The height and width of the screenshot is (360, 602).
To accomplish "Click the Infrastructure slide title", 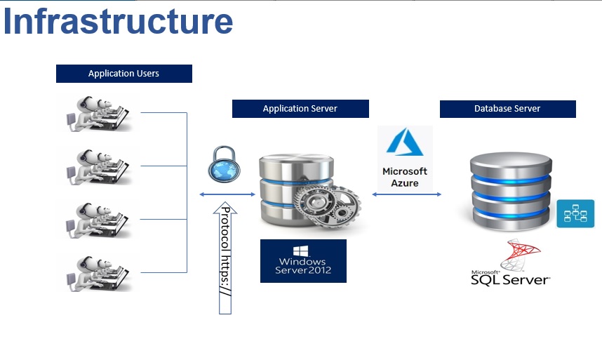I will pyautogui.click(x=118, y=21).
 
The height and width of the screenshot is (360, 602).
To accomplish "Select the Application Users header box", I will pyautogui.click(x=123, y=74).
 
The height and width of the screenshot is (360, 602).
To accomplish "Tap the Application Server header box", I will pyautogui.click(x=300, y=109).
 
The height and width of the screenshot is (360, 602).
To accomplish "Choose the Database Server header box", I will pyautogui.click(x=507, y=109).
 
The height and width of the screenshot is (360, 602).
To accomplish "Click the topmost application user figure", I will pyautogui.click(x=99, y=112).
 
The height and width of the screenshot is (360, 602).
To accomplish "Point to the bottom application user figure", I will pyautogui.click(x=99, y=272).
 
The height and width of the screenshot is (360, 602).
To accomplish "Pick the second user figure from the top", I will pyautogui.click(x=99, y=166).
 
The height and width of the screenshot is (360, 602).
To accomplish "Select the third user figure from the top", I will pyautogui.click(x=99, y=219).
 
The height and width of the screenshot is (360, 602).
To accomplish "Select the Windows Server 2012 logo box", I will pyautogui.click(x=303, y=261).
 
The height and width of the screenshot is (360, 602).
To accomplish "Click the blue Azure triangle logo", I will pyautogui.click(x=404, y=145).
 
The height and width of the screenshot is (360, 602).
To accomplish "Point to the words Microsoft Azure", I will pyautogui.click(x=405, y=177).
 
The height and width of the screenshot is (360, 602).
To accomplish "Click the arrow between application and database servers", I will pyautogui.click(x=407, y=194).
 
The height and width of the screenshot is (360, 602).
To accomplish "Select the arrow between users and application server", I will pyautogui.click(x=227, y=194).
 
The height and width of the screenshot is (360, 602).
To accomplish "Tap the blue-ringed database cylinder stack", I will pyautogui.click(x=508, y=189).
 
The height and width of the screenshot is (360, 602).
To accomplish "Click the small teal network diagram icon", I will pyautogui.click(x=575, y=213).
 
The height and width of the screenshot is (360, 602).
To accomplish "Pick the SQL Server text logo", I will pyautogui.click(x=510, y=278).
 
